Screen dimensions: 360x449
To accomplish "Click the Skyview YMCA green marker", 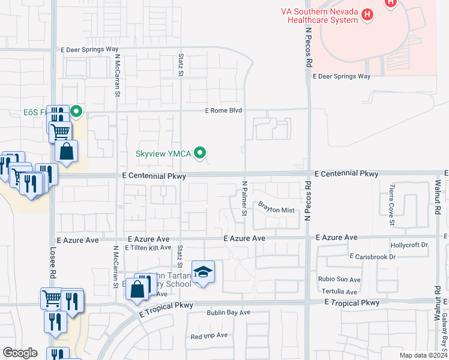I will tap(201, 154).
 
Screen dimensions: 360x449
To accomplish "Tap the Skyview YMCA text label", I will tap(164, 154).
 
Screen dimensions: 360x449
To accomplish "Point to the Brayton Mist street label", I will tap(276, 210).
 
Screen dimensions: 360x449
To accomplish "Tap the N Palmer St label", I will tap(245, 199).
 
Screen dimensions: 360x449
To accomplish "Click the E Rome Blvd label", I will tap(223, 110).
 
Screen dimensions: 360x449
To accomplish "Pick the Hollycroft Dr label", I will tap(408, 245).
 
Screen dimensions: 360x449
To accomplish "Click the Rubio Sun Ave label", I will tap(340, 280).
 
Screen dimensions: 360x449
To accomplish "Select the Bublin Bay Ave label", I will tap(229, 313).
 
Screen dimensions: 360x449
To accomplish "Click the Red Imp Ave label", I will tap(209, 335).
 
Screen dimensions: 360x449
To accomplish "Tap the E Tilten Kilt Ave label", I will tap(148, 247).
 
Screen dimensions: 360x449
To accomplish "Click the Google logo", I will tap(20, 353).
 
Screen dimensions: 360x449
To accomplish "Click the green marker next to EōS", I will tap(76, 111).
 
